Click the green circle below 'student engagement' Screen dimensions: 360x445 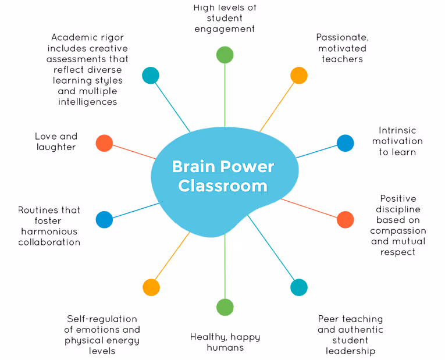click(x=225, y=55)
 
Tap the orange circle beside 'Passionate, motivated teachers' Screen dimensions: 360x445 click(x=298, y=75)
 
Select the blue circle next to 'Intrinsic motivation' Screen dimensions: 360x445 click(x=345, y=143)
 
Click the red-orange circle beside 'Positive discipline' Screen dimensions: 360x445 click(x=345, y=219)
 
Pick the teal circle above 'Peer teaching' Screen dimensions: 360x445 click(x=298, y=287)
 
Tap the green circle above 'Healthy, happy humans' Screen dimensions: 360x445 click(x=225, y=307)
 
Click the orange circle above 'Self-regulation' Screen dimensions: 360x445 click(x=151, y=287)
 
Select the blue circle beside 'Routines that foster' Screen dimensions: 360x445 click(x=104, y=219)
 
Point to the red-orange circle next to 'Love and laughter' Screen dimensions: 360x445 click(x=104, y=143)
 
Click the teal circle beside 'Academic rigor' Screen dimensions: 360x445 click(x=151, y=75)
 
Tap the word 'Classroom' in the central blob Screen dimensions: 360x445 click(x=223, y=186)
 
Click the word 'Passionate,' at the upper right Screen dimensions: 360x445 click(x=342, y=38)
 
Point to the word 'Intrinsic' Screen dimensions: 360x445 click(x=397, y=131)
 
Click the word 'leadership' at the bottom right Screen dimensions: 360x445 click(x=350, y=351)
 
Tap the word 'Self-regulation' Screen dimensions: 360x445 click(x=102, y=319)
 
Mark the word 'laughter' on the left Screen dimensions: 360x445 click(x=56, y=147)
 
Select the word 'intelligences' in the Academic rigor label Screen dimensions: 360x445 click(x=87, y=102)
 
